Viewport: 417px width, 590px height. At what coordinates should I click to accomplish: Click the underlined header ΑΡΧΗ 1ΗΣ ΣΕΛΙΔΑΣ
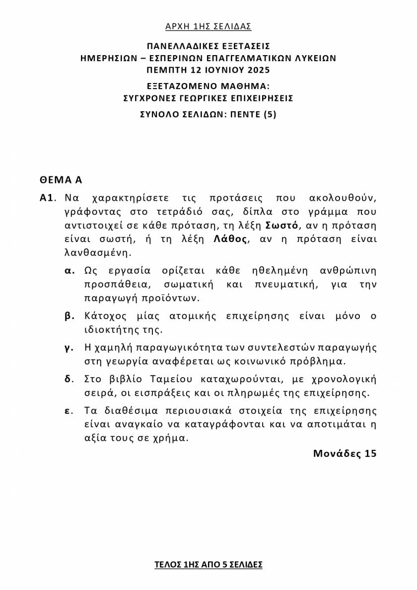point(208,26)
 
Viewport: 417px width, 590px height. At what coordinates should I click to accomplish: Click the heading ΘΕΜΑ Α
point(61,179)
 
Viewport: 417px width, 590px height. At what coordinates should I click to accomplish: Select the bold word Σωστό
point(282,225)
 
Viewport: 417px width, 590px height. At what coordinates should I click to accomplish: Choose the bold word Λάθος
point(230,239)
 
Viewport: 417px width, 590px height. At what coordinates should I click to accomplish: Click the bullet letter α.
point(69,271)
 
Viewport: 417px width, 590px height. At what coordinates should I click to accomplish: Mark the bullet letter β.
point(69,316)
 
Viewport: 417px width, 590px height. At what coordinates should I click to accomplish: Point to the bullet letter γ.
point(69,347)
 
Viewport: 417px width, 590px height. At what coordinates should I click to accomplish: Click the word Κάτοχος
point(104,316)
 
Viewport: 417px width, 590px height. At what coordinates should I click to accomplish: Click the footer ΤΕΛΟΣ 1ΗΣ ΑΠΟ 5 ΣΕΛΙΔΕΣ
point(208,565)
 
